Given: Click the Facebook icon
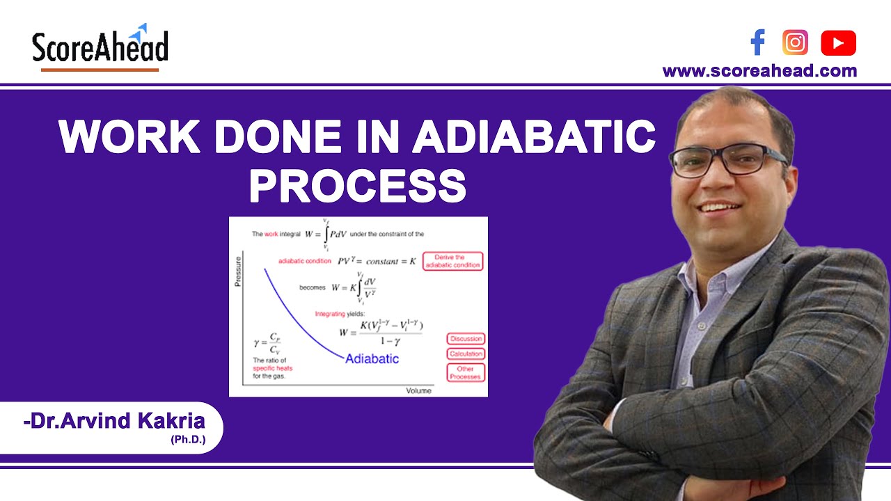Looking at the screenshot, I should pos(757,43).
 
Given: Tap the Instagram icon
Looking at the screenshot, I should pos(795,43).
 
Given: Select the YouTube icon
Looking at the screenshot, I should pos(838,43).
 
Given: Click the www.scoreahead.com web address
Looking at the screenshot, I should pos(759,71).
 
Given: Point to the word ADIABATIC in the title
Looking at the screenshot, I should pos(534,136).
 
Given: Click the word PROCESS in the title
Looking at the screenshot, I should pos(357,185).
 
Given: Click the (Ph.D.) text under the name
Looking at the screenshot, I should pos(187,440).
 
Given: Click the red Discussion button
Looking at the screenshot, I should pos(465,339).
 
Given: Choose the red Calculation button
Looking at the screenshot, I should pos(465,354).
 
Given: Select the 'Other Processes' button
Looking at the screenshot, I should pos(465,372).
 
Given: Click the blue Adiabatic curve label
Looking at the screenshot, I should pos(372,359).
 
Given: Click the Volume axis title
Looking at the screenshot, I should pos(418,390).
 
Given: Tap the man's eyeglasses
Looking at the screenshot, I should pos(727,159).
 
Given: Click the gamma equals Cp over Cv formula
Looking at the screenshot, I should pos(267,344).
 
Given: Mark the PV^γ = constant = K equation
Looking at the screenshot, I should pos(376,261).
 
